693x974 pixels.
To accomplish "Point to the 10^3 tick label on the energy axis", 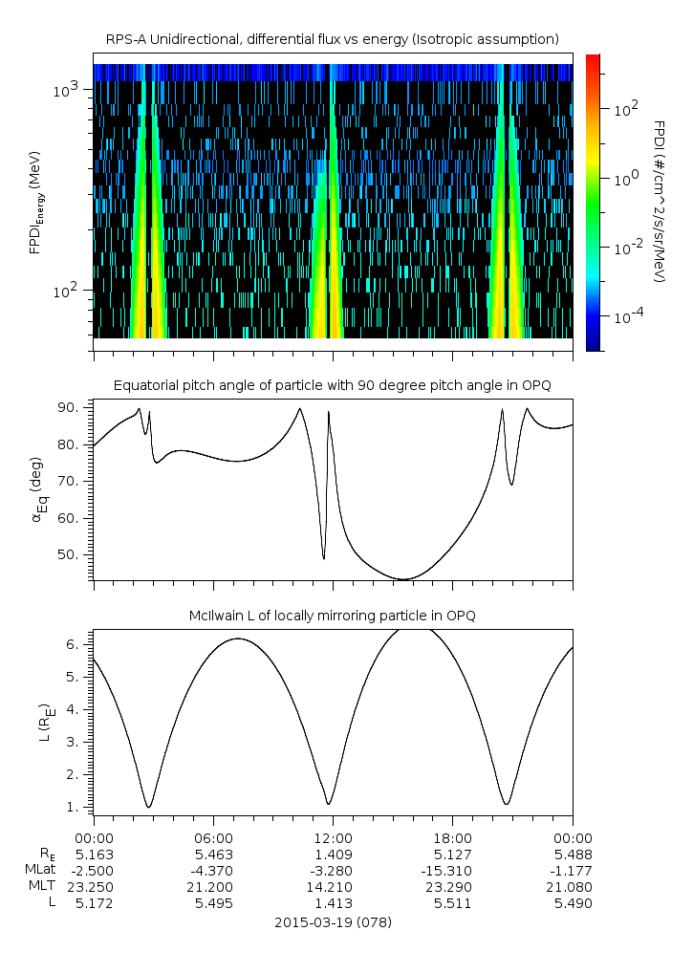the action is pyautogui.click(x=66, y=90).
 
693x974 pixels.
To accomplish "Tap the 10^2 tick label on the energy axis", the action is pyautogui.click(x=66, y=290).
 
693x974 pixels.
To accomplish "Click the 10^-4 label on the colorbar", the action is pyautogui.click(x=628, y=317).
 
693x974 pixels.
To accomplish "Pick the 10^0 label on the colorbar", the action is pyautogui.click(x=626, y=180).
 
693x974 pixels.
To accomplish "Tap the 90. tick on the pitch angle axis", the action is pyautogui.click(x=68, y=407).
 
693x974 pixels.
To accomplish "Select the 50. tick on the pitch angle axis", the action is pyautogui.click(x=68, y=554).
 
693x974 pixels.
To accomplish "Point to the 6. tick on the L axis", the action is pyautogui.click(x=74, y=645).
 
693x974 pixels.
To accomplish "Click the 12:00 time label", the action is pyautogui.click(x=333, y=838).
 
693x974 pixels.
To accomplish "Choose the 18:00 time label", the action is pyautogui.click(x=453, y=838).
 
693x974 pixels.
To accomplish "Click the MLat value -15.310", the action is pyautogui.click(x=446, y=871).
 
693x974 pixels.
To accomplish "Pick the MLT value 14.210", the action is pyautogui.click(x=329, y=887).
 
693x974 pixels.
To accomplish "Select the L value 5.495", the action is pyautogui.click(x=213, y=903).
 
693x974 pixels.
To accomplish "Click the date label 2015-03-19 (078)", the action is pyautogui.click(x=333, y=922).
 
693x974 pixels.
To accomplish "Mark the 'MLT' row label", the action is pyautogui.click(x=42, y=886).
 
